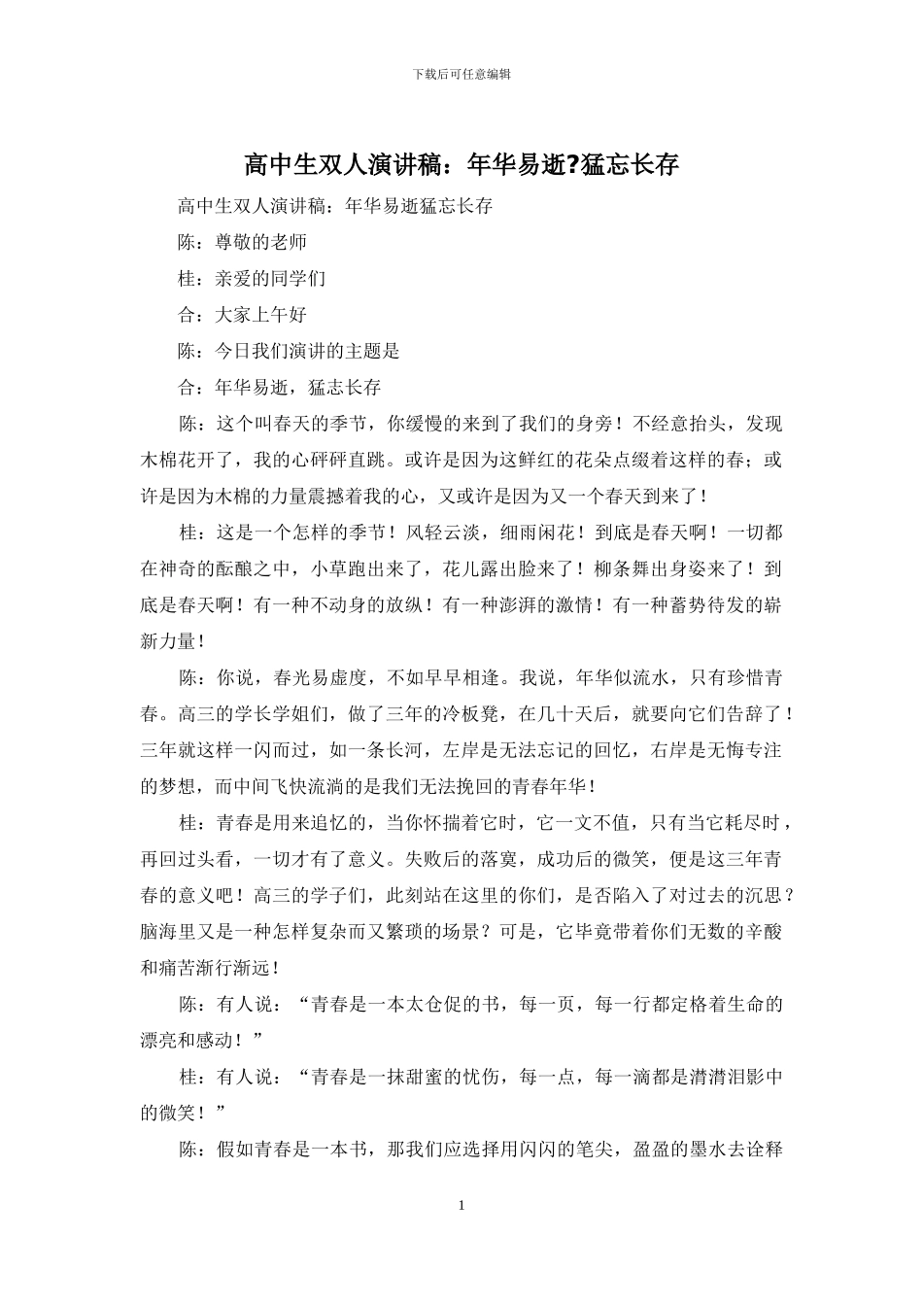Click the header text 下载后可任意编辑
461,74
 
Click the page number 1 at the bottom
461,1206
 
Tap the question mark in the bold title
570,165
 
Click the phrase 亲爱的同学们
270,279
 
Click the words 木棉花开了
188,460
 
